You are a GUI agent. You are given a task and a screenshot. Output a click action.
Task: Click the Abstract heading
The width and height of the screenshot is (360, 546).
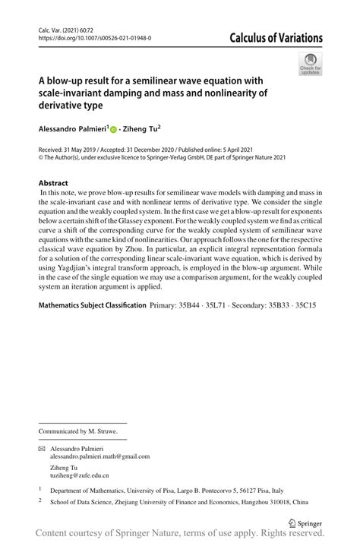53,183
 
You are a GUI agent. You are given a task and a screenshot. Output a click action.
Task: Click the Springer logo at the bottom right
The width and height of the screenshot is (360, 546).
303,523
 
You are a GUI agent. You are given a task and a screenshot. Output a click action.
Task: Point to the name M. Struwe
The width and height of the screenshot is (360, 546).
103,431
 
